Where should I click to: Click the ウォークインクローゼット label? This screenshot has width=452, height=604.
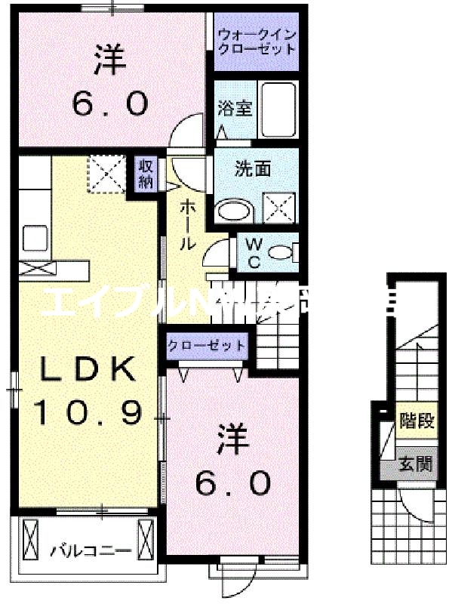[x=257, y=42]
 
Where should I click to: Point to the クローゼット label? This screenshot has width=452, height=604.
[x=207, y=347]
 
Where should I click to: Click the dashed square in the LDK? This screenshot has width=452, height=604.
[x=106, y=174]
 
